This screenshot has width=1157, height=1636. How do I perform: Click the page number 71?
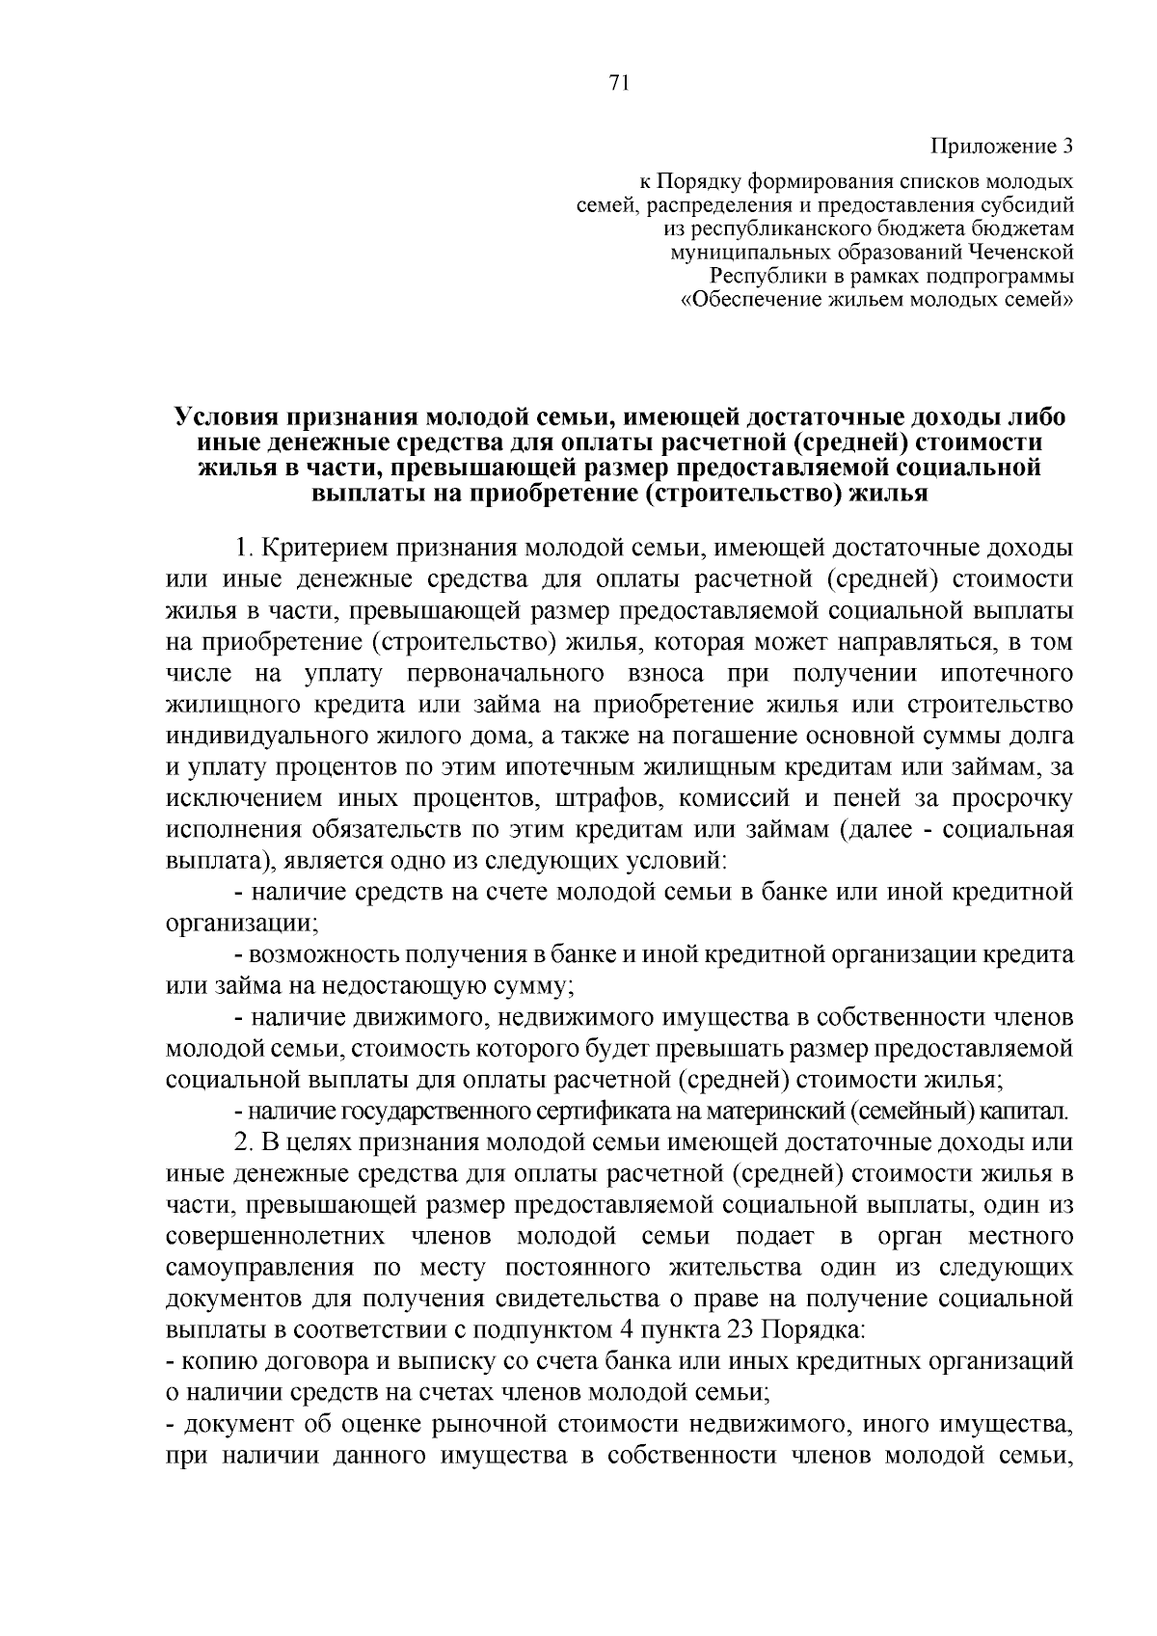619,84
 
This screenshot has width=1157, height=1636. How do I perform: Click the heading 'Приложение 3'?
1001,147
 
